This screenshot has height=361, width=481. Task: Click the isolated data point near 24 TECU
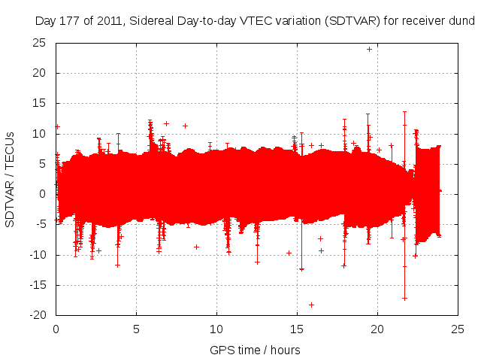click(x=369, y=49)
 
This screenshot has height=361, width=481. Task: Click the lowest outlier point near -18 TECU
click(x=311, y=305)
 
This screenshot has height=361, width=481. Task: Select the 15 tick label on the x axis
click(x=297, y=329)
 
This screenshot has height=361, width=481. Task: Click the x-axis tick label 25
click(x=458, y=329)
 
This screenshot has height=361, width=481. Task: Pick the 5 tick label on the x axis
click(x=136, y=329)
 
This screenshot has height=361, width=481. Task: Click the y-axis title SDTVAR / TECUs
click(x=11, y=179)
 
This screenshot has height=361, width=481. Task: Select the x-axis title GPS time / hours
click(x=256, y=350)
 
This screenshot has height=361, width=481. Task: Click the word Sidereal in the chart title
click(x=151, y=21)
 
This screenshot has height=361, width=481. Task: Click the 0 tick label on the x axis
click(x=56, y=329)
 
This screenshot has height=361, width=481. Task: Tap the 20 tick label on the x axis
click(x=377, y=329)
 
